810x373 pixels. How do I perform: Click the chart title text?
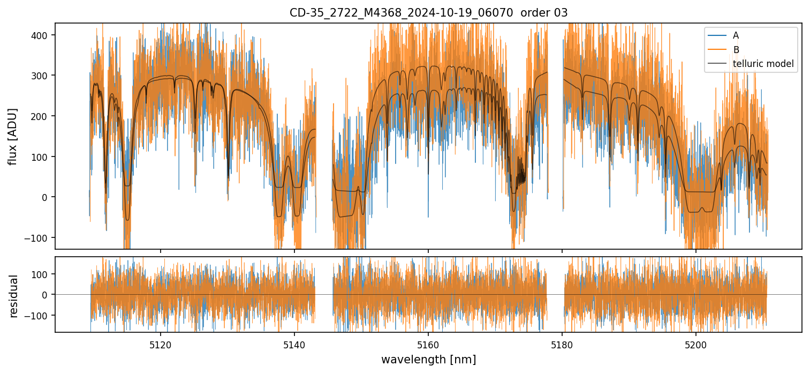click(x=428, y=12)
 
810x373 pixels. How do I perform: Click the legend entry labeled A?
click(x=736, y=35)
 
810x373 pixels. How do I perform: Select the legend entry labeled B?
click(x=736, y=50)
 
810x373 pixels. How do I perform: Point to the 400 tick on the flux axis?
click(x=42, y=35)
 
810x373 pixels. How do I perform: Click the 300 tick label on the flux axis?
click(x=42, y=76)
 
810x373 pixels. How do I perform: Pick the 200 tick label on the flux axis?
click(x=42, y=116)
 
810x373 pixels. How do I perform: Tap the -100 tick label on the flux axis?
click(x=40, y=237)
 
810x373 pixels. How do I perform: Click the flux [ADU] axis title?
click(x=13, y=136)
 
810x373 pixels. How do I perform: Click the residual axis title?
click(x=14, y=295)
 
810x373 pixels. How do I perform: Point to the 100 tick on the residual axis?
click(x=42, y=274)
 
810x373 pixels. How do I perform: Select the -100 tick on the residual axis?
click(x=40, y=315)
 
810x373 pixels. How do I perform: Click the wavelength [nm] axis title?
click(x=428, y=359)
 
